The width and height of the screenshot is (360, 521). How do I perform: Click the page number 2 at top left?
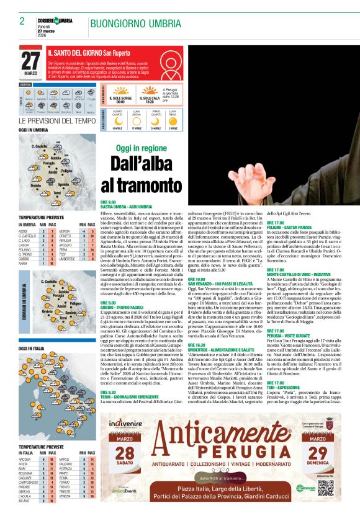coord(22,21)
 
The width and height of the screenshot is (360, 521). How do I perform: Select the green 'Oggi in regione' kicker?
coord(141,148)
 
